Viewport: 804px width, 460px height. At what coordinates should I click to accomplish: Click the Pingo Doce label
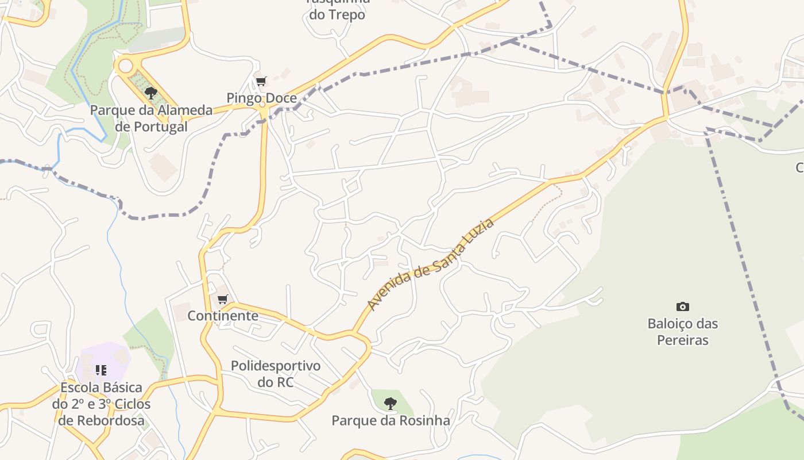tap(261, 98)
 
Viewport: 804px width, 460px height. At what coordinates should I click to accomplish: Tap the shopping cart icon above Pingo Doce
tap(261, 82)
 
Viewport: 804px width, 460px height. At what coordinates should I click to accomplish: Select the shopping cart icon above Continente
tap(223, 299)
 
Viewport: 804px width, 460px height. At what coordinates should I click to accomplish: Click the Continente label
tap(223, 316)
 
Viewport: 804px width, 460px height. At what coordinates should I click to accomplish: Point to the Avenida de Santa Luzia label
tap(431, 264)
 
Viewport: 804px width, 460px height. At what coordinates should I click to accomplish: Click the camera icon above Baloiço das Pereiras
tap(682, 307)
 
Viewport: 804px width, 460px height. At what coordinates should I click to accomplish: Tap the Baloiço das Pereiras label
tap(682, 332)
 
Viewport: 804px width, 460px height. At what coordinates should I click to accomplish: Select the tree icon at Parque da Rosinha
tap(391, 403)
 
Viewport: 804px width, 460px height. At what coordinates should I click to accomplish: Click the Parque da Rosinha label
tap(391, 421)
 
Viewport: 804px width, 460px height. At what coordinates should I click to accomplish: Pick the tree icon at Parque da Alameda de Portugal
tap(151, 93)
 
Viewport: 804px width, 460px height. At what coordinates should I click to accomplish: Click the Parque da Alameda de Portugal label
tap(151, 118)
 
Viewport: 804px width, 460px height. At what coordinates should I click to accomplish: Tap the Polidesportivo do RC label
tap(276, 373)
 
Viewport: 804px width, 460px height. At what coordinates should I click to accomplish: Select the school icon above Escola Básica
tap(101, 370)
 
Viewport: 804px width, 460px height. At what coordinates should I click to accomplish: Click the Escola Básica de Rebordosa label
tap(101, 404)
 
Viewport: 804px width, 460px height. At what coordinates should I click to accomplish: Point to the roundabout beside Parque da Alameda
tap(125, 66)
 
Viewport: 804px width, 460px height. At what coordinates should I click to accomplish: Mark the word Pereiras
tap(682, 340)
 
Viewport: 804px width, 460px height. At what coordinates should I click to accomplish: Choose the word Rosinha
tap(425, 421)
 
